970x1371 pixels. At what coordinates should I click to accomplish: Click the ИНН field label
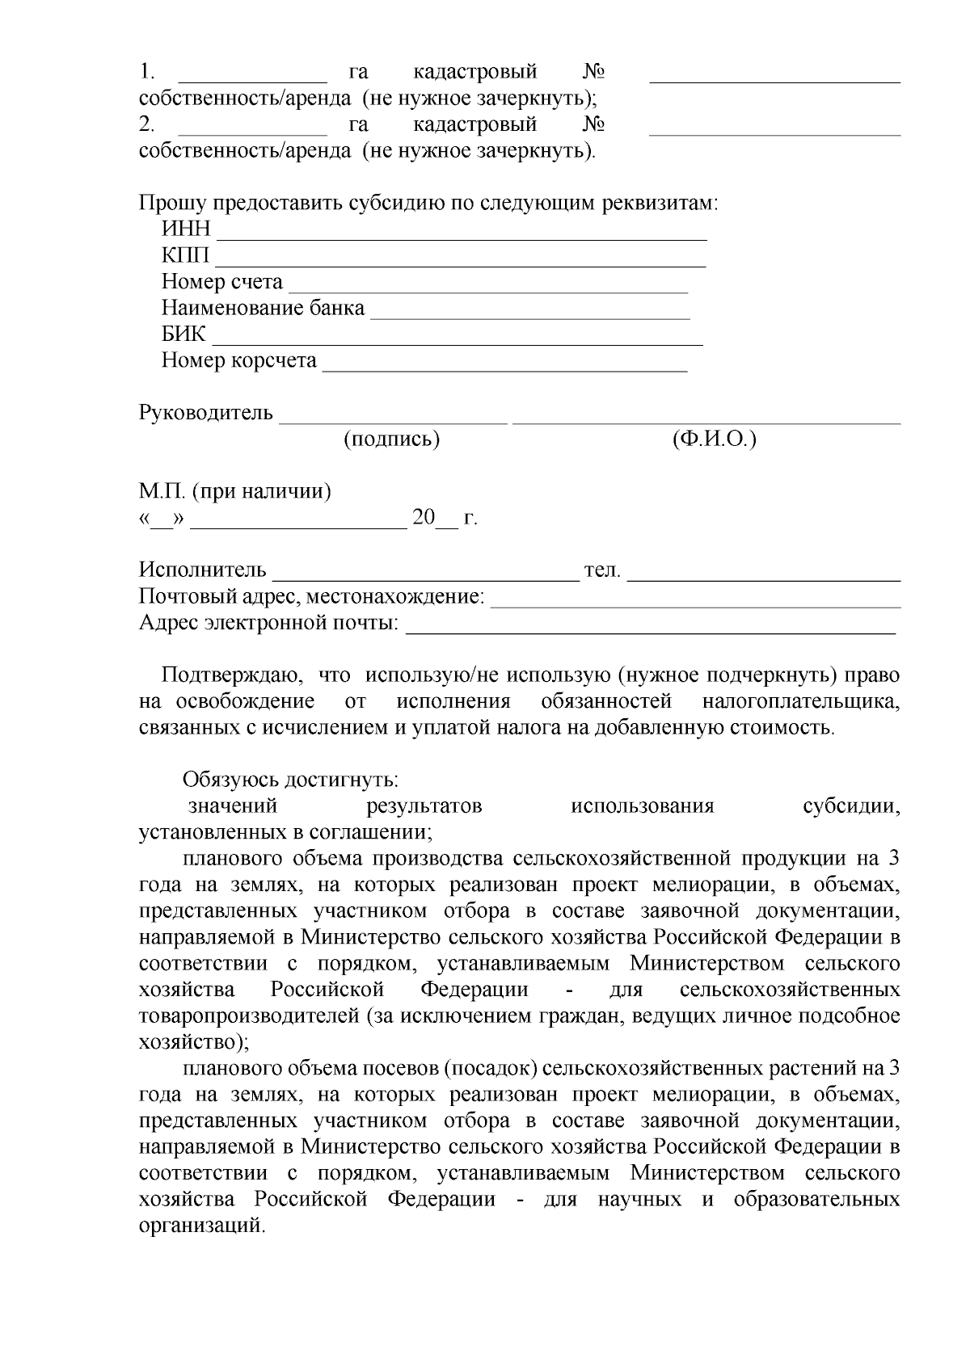(x=186, y=230)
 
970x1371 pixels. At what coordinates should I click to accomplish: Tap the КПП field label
(x=185, y=256)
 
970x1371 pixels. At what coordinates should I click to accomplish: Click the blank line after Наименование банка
(x=529, y=314)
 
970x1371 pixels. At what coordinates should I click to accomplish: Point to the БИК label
(x=183, y=334)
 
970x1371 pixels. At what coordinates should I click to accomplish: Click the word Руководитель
(x=206, y=413)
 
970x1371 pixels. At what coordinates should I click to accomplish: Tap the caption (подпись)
(x=392, y=439)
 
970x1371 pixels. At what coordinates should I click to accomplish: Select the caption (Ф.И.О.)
(x=714, y=439)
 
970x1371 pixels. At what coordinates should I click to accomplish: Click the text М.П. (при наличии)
(x=235, y=491)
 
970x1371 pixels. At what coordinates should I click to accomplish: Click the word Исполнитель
(x=202, y=570)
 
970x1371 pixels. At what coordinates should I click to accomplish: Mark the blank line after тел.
(x=764, y=577)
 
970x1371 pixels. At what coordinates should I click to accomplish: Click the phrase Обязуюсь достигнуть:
(x=290, y=780)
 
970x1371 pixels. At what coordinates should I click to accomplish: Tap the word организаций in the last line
(x=201, y=1226)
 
